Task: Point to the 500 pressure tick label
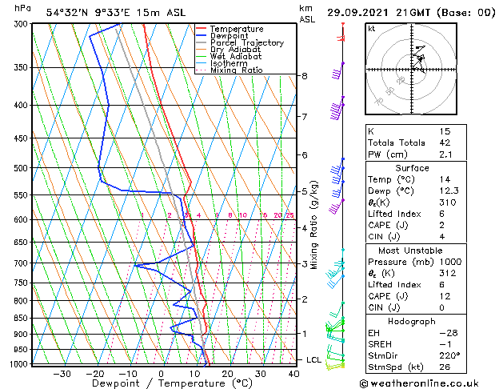(x=21, y=168)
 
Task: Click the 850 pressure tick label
(x=21, y=318)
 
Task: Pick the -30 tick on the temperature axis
(x=62, y=373)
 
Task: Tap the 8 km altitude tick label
(x=304, y=76)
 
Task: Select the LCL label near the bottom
(x=313, y=360)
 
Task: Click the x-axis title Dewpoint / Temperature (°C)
(x=162, y=383)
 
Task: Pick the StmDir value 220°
(x=449, y=355)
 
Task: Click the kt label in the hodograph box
(x=372, y=29)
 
